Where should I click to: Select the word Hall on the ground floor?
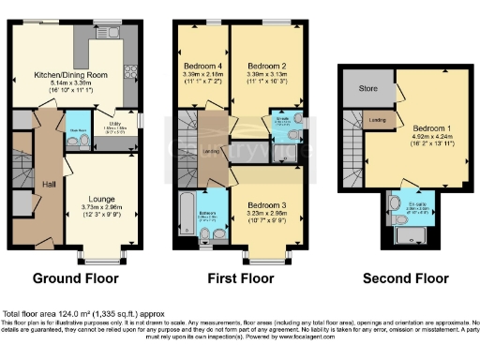(48, 184)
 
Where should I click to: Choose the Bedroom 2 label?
(265, 67)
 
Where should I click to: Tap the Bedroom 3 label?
(265, 204)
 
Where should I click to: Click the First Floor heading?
(238, 278)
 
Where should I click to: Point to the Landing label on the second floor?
(377, 120)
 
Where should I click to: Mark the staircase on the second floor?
(352, 141)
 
